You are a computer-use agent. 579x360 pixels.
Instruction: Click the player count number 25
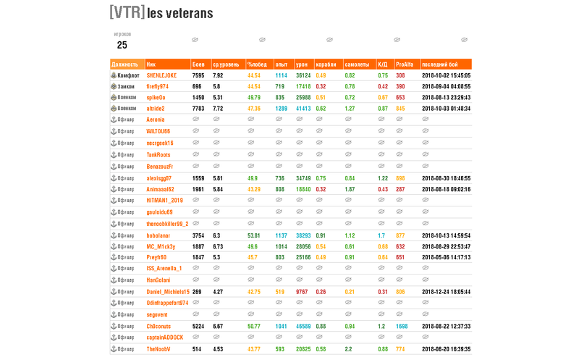pos(122,45)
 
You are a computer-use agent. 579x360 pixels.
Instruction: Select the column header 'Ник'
pos(151,64)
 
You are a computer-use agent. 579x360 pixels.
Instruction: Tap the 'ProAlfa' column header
pos(405,64)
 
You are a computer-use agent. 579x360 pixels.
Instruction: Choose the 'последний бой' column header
pos(439,64)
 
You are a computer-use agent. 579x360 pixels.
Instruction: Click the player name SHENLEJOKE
pos(161,75)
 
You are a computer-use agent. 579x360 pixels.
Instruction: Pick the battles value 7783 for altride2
pos(198,109)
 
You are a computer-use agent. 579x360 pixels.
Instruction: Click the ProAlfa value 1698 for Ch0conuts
pos(402,326)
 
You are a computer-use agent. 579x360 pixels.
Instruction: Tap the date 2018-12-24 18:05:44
pos(446,292)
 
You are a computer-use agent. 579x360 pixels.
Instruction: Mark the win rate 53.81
pos(253,235)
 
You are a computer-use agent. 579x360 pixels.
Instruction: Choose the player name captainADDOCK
pos(164,337)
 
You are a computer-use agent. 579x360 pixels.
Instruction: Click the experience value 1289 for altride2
pos(281,109)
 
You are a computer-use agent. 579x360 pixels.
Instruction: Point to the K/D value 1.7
pos(381,235)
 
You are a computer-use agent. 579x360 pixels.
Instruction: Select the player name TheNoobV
pos(159,349)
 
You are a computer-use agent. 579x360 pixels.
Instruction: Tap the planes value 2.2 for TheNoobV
pos(349,349)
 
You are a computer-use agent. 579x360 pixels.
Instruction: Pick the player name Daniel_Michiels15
pos(168,292)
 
